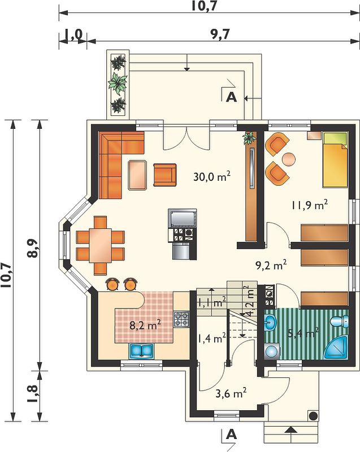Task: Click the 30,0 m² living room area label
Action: click(211, 176)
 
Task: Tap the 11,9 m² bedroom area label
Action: click(309, 205)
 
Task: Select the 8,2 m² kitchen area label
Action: click(145, 325)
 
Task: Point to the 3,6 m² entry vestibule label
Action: click(231, 393)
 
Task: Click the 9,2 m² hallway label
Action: click(271, 265)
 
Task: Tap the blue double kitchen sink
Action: click(141, 351)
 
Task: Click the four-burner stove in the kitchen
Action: click(181, 319)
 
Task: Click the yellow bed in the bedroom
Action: click(335, 160)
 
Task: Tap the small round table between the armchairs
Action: click(289, 159)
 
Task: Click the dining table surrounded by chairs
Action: click(100, 245)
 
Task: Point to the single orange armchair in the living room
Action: click(165, 175)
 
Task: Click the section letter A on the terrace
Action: click(231, 97)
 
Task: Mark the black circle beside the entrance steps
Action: click(313, 416)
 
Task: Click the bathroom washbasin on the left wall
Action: click(270, 321)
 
